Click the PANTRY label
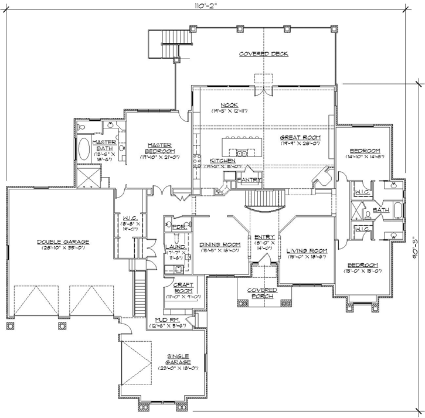pyautogui.click(x=250, y=180)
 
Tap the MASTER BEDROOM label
pyautogui.click(x=159, y=146)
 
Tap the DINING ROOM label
pyautogui.click(x=220, y=244)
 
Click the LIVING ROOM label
pyautogui.click(x=307, y=251)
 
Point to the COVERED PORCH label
pyautogui.click(x=261, y=294)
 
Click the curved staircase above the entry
pyautogui.click(x=264, y=200)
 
